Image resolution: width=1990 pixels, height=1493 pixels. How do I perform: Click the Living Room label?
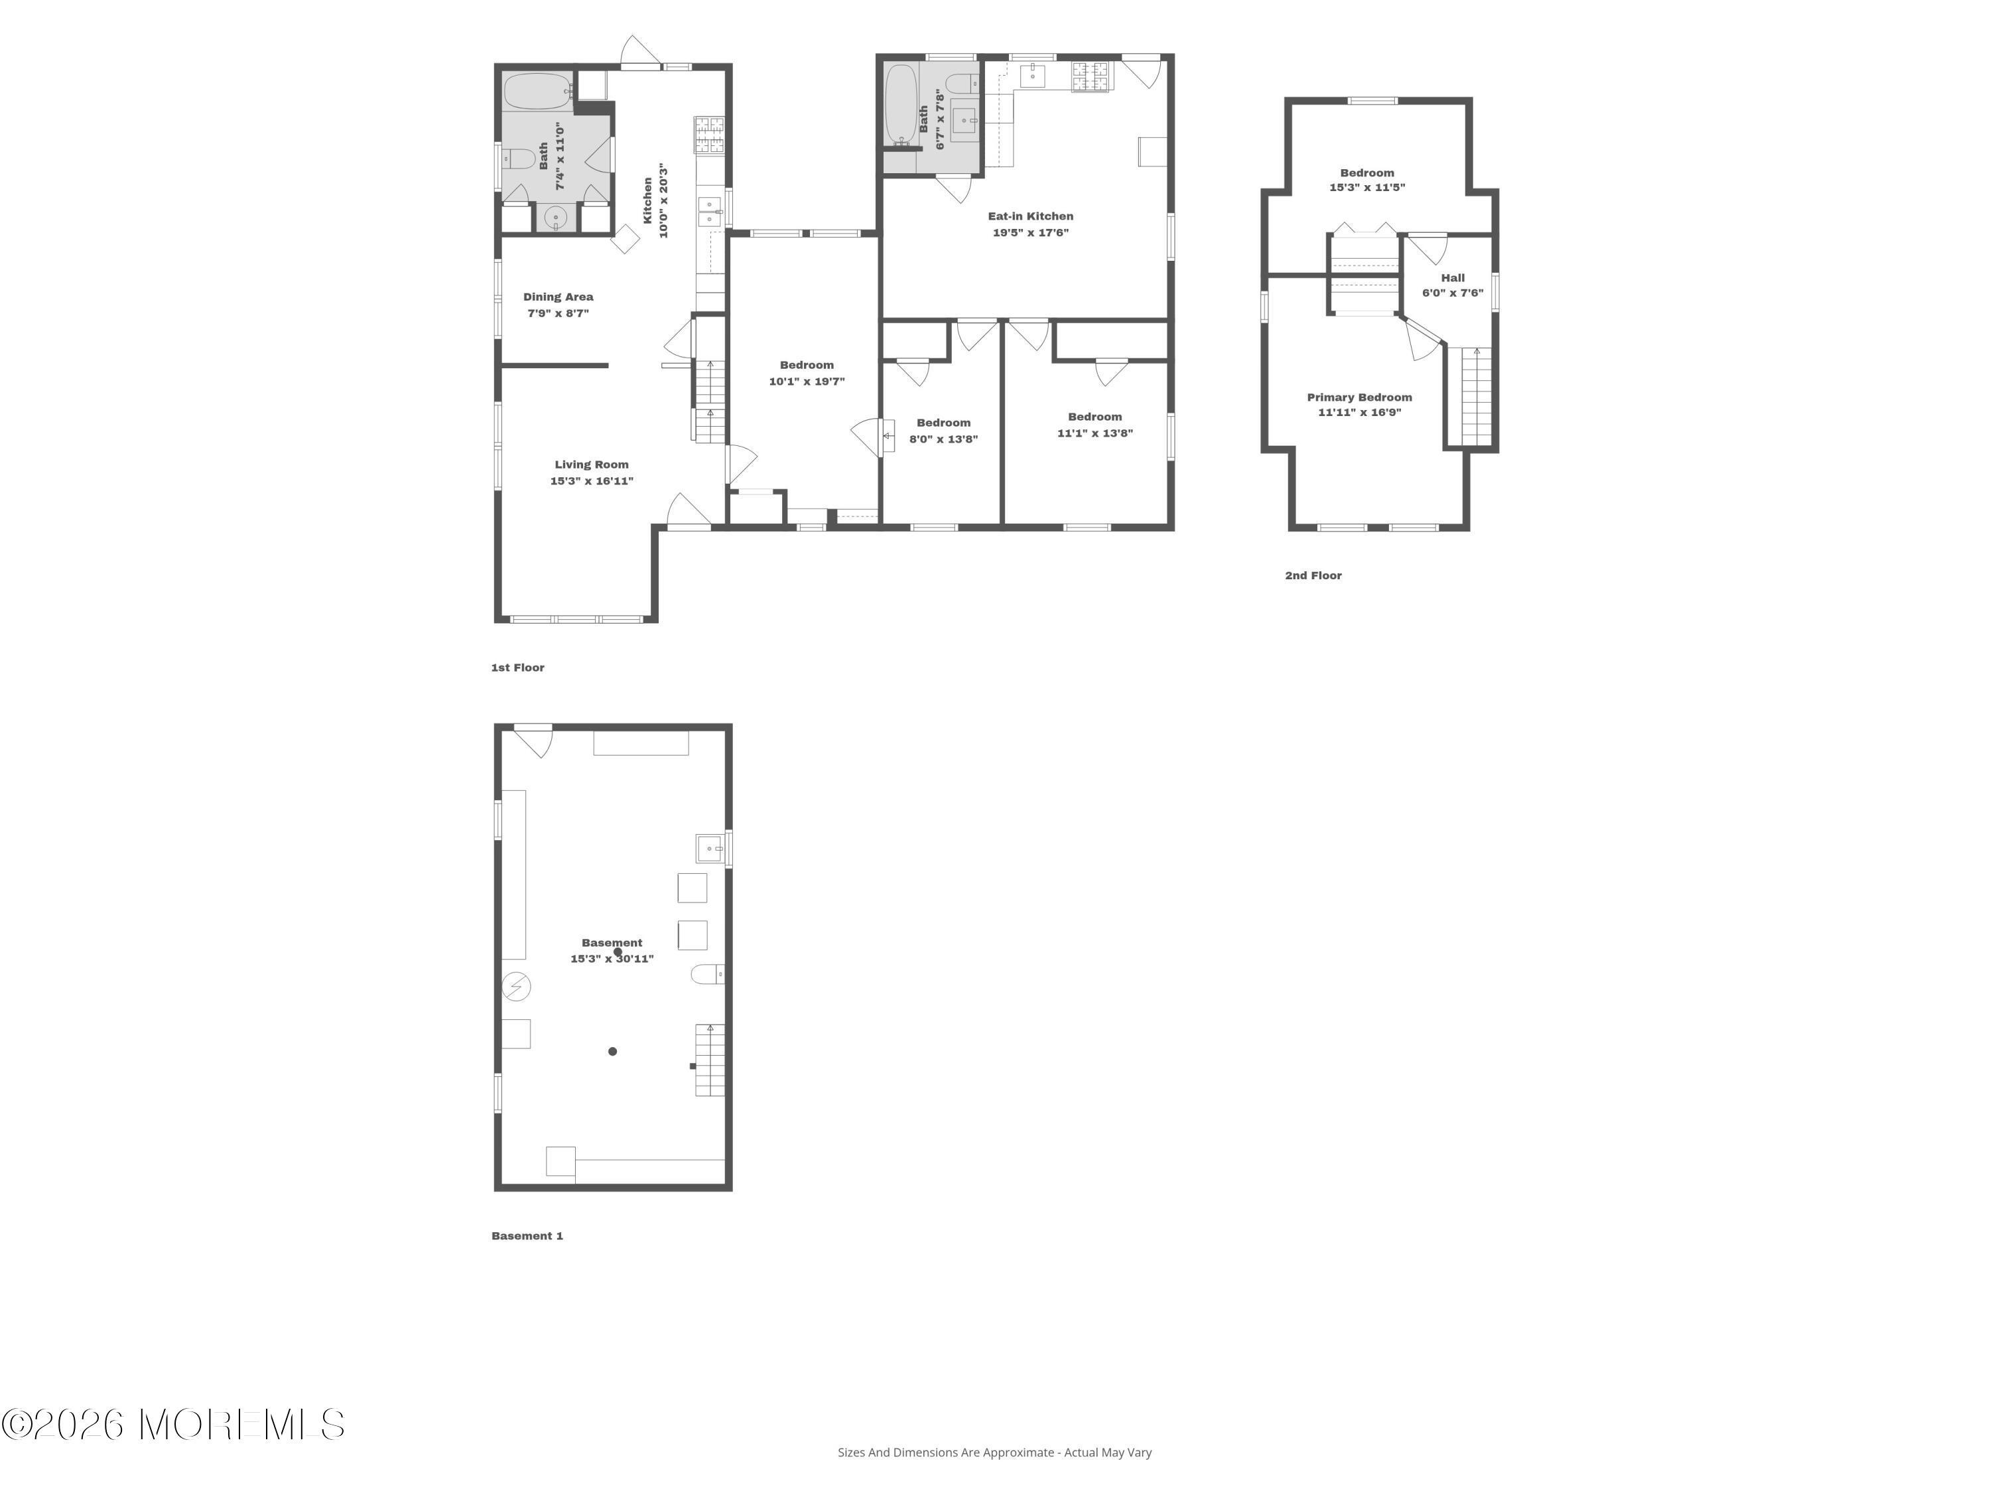click(591, 464)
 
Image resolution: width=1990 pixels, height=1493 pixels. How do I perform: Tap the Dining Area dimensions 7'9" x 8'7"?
click(558, 313)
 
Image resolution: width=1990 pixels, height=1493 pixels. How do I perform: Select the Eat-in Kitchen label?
click(1030, 216)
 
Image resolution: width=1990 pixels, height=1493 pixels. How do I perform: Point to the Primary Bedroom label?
click(1359, 397)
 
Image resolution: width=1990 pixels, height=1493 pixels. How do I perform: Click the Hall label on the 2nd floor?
click(1452, 278)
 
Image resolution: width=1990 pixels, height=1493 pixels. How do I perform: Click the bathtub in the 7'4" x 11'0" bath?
click(537, 91)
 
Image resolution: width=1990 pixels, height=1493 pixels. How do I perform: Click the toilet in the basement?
click(708, 973)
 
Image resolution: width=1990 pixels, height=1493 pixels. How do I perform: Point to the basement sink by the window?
click(710, 848)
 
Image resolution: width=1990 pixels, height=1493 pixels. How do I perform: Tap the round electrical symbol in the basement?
click(516, 986)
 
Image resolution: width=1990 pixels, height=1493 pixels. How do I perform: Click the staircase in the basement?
click(710, 1060)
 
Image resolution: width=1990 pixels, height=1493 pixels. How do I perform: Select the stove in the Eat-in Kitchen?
click(1091, 76)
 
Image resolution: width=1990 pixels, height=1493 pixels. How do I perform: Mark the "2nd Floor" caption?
click(1313, 575)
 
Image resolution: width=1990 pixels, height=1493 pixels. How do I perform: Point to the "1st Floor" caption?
click(517, 668)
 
